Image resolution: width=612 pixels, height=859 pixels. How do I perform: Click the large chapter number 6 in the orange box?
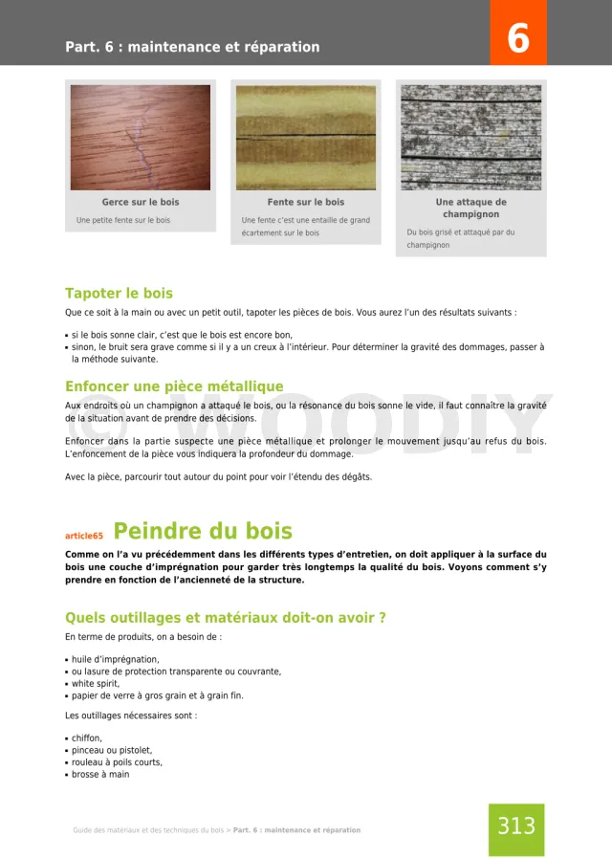point(517,38)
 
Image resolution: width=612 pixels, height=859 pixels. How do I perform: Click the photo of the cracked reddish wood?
point(141,137)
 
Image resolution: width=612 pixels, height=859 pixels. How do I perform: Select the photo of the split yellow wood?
point(306,137)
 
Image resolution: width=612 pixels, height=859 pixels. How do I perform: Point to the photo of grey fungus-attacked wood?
point(470,137)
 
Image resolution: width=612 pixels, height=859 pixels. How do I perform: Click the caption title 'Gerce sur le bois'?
point(141,203)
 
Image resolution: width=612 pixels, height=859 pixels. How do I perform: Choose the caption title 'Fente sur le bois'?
point(306,203)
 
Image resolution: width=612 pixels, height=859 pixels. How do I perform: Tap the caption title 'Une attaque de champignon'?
point(470,209)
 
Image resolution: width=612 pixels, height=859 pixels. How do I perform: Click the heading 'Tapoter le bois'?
point(119,293)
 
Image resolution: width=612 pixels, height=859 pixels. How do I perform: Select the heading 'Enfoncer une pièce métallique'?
point(174,386)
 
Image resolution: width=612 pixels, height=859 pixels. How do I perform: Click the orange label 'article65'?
point(84,537)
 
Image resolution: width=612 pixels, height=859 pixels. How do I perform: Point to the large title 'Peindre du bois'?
point(203,531)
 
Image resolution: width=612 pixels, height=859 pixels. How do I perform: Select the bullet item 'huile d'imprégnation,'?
point(116,659)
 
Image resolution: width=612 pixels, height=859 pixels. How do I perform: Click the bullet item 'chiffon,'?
point(87,738)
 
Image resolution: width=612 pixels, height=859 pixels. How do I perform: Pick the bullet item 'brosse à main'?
point(100,775)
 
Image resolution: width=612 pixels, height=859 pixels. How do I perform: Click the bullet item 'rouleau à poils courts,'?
point(117,762)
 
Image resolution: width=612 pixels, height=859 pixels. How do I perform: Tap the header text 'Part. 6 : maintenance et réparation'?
point(192,47)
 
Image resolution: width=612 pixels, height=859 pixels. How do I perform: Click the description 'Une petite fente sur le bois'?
point(123,221)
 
